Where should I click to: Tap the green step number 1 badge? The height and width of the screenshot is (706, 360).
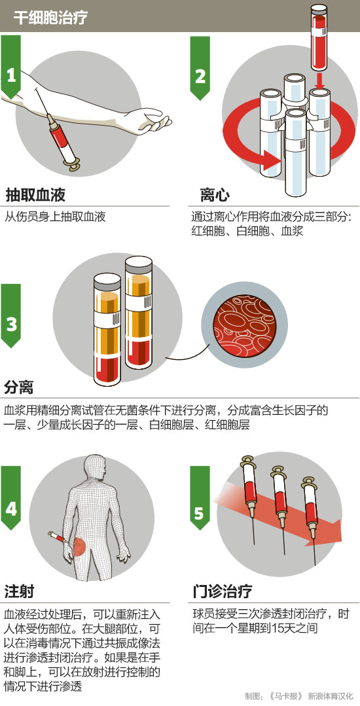pos(11,67)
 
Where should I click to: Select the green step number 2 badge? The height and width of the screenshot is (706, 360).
pos(200,67)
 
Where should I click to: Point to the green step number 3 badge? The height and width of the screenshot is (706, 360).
pos(11,315)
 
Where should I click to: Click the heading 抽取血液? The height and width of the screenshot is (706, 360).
pos(35,195)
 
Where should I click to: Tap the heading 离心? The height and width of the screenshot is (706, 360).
pos(215,195)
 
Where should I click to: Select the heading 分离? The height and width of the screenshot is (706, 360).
pos(19,387)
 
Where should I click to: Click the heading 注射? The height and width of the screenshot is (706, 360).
pos(19,591)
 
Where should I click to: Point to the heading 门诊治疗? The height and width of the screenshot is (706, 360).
pos(222,591)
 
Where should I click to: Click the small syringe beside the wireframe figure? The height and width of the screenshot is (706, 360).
pos(58,538)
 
